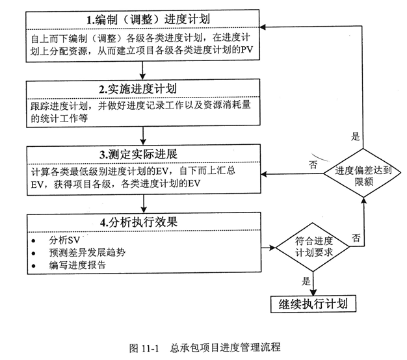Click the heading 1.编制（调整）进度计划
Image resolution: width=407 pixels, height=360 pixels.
[x=148, y=19]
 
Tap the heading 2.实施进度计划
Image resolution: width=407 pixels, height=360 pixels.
[x=138, y=89]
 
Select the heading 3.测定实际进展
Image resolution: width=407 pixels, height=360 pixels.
[x=138, y=154]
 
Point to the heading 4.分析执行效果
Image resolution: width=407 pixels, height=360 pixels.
[x=139, y=222]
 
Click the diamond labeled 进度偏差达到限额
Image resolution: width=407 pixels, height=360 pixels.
[x=363, y=174]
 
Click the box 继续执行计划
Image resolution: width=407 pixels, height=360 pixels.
[x=313, y=303]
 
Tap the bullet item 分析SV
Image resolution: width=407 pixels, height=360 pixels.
[x=64, y=240]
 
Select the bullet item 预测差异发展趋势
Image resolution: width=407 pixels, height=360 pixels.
[x=87, y=252]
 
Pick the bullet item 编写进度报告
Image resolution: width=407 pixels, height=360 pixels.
[x=77, y=265]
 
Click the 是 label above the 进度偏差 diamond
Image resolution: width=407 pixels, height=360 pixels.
[x=356, y=136]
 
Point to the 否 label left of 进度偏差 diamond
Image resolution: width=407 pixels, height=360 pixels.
[x=313, y=164]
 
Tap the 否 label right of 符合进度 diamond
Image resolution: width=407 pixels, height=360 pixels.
[x=356, y=238]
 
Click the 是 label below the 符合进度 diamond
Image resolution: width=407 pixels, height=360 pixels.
[x=306, y=281]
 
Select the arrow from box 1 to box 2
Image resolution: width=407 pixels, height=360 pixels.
[x=142, y=70]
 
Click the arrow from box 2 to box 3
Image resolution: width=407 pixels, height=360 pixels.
[x=143, y=135]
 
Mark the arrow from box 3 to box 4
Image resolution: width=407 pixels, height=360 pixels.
[x=144, y=203]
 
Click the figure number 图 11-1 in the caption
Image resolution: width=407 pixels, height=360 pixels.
[x=144, y=348]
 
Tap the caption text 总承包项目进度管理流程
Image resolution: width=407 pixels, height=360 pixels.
[x=226, y=348]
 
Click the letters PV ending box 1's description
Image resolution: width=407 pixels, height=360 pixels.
[x=246, y=50]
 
